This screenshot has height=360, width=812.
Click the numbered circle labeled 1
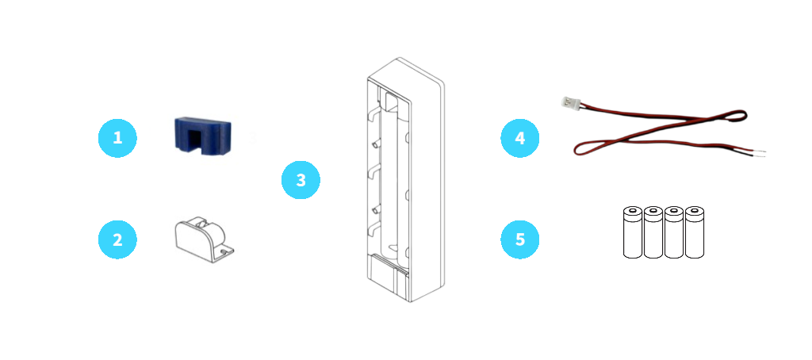click(117, 138)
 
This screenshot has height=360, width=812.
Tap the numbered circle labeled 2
click(117, 239)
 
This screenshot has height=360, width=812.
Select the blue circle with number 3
click(301, 180)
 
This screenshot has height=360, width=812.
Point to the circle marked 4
click(519, 138)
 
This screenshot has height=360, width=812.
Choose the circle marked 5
click(519, 239)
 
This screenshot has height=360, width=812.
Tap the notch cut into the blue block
click(201, 144)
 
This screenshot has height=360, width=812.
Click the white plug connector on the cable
click(569, 102)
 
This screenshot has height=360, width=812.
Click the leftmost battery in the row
click(632, 232)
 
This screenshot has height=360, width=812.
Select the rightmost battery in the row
click(695, 232)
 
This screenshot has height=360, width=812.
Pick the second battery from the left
click(653, 232)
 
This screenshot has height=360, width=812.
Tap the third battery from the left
click(674, 232)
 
